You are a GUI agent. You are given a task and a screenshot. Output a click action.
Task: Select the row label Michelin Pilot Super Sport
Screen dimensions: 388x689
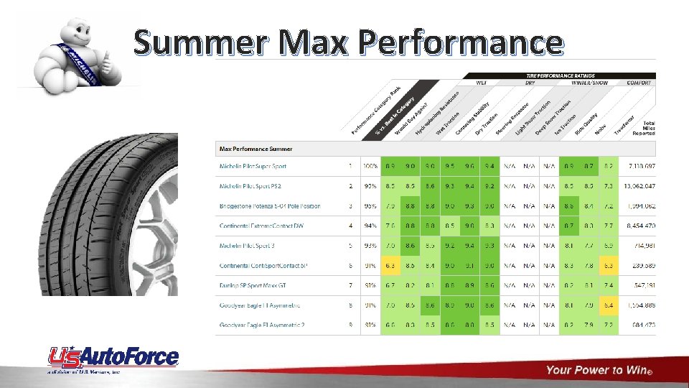tap(253, 167)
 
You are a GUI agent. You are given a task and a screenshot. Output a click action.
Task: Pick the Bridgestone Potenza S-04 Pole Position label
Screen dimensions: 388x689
tap(270, 206)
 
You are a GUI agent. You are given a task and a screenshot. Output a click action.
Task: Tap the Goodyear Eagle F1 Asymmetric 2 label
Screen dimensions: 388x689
tap(262, 325)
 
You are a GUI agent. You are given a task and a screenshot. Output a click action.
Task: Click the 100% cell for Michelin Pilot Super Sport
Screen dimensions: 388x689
tap(370, 167)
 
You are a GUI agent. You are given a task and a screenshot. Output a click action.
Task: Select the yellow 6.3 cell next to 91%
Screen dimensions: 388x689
tap(391, 266)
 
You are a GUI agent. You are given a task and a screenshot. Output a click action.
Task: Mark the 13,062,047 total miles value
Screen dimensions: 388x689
tap(637, 186)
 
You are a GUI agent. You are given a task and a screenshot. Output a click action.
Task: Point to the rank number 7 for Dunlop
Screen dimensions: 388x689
tap(350, 286)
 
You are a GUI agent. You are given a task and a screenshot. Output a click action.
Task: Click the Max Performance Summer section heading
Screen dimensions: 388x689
tap(256, 149)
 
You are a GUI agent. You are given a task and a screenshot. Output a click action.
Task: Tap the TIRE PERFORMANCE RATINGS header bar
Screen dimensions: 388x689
tap(561, 75)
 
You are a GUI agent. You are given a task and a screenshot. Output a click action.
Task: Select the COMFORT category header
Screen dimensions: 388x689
tap(638, 83)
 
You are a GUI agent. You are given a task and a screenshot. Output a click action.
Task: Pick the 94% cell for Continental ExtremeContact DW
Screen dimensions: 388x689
tap(370, 226)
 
